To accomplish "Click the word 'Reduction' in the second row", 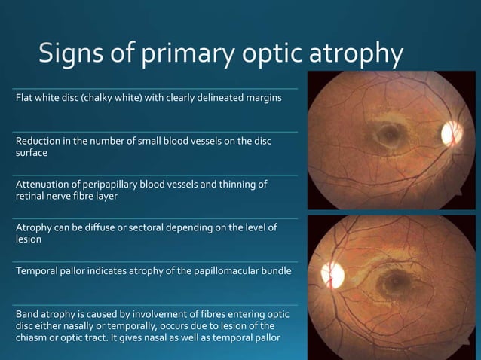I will [x=37, y=141].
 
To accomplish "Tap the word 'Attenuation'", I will [x=41, y=185].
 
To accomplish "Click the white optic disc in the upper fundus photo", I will [x=452, y=133].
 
